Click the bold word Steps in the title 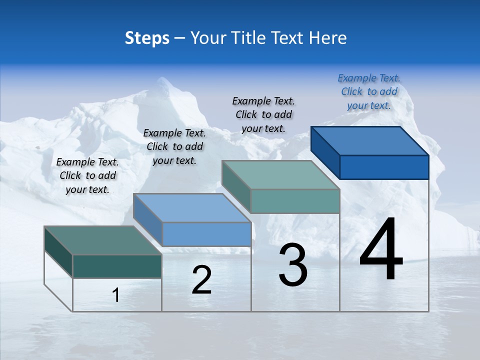[147, 38]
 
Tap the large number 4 [381, 250]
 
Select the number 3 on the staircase [293, 265]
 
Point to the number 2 [201, 280]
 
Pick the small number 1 [116, 295]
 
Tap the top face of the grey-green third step [280, 174]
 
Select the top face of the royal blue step [369, 140]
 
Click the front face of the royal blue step [384, 167]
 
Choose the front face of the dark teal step [117, 266]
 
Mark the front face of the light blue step [206, 234]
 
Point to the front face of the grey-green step [295, 201]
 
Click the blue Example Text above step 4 [369, 91]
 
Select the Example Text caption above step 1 [87, 175]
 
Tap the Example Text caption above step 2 [174, 146]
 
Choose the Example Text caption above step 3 [263, 114]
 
